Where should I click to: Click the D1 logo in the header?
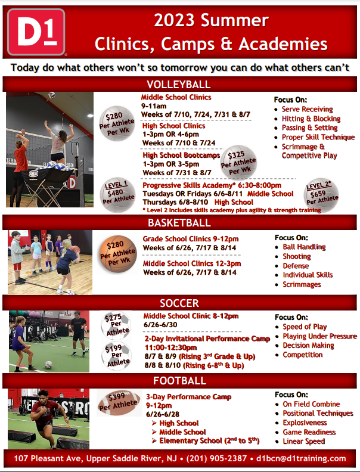[36, 32]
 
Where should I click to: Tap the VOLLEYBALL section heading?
[179, 84]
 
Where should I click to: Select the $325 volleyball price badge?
[238, 163]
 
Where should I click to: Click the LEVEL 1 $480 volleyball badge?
[117, 195]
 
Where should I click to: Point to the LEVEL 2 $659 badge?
[321, 195]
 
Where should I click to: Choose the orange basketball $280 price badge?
[117, 254]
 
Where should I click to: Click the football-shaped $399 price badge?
[119, 402]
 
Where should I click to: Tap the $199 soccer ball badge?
[116, 356]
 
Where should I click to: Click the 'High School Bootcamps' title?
[181, 156]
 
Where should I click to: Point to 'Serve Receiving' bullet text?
[307, 109]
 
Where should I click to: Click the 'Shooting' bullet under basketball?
[296, 256]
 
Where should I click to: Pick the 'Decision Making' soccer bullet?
[308, 345]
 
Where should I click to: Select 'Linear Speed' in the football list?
[304, 441]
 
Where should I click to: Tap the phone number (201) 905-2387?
[216, 458]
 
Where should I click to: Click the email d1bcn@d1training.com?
[301, 458]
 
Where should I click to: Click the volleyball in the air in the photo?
[52, 95]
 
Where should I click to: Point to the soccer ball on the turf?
[48, 365]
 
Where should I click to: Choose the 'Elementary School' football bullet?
[209, 440]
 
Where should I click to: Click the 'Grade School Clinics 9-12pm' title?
[191, 239]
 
